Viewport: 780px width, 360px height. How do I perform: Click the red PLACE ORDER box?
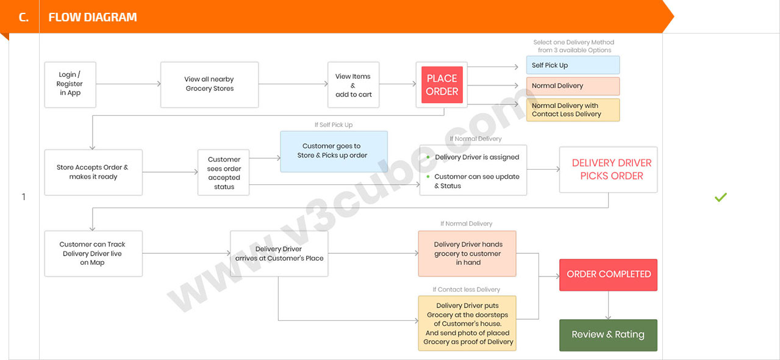click(442, 85)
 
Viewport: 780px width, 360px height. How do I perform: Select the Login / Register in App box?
click(70, 85)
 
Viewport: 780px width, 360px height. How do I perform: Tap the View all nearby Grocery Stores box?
click(209, 85)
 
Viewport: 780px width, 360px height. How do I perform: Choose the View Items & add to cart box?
click(353, 85)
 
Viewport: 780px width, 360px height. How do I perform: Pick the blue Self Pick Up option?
click(573, 65)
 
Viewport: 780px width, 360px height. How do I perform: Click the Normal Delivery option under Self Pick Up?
click(573, 86)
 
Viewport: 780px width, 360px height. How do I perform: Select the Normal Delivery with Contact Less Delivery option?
click(573, 110)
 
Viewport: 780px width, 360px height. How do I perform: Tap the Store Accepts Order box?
click(93, 172)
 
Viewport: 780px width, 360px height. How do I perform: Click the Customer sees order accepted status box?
click(224, 173)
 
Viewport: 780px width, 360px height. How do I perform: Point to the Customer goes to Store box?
click(334, 151)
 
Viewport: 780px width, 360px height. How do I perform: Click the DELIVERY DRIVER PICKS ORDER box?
click(609, 170)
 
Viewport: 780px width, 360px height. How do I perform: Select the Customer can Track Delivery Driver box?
click(93, 253)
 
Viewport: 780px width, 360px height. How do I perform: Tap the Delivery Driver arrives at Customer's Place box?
click(279, 253)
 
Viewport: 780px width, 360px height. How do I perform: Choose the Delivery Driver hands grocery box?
click(467, 253)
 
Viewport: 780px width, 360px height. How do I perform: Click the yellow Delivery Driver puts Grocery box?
click(467, 323)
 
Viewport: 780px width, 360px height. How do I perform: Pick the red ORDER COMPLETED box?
click(609, 275)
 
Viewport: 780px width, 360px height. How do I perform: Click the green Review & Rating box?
click(609, 335)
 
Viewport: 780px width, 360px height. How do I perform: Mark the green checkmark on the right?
click(720, 197)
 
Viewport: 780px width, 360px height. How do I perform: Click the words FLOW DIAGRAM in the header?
click(93, 17)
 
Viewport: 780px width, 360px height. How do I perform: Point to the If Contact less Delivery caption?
click(467, 289)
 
